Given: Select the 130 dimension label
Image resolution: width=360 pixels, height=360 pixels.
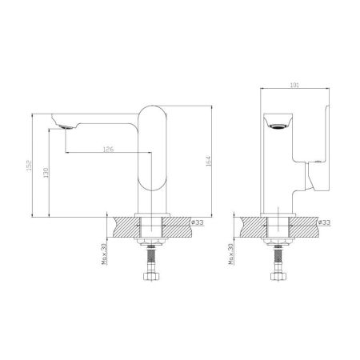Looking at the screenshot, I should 48,174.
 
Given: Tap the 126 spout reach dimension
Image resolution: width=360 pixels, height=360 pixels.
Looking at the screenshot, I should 106,150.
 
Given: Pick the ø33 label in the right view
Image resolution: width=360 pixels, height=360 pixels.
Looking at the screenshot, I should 325,222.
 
